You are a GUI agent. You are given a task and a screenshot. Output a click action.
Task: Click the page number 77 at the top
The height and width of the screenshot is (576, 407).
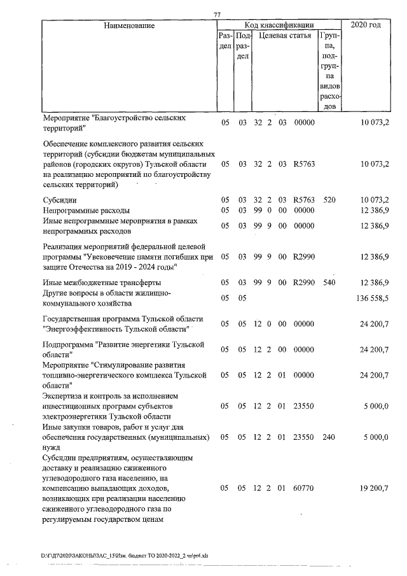tap(218, 15)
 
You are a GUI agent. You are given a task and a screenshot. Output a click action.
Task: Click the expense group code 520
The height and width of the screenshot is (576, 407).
tap(329, 200)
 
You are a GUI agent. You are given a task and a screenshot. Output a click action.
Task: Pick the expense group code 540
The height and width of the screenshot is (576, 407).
tap(329, 282)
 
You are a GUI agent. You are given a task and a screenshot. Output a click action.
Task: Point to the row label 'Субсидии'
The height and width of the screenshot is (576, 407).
tap(60, 200)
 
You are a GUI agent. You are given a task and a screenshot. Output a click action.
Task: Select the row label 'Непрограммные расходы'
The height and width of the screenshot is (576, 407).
tap(86, 209)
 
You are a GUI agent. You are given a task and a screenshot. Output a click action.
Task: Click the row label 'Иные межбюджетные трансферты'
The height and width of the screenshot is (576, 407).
tap(102, 282)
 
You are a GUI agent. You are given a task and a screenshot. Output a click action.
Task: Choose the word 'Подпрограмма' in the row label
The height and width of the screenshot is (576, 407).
tap(67, 344)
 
